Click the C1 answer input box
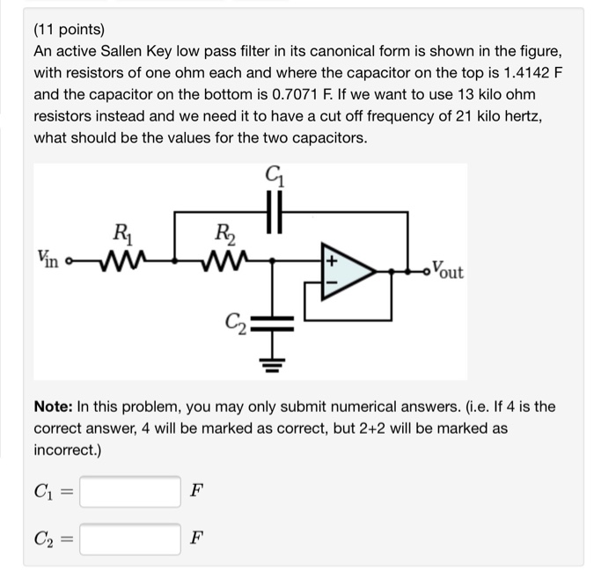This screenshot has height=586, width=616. click(x=130, y=490)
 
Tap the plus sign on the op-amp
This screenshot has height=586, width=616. click(x=333, y=261)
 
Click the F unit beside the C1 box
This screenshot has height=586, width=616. click(x=195, y=490)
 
